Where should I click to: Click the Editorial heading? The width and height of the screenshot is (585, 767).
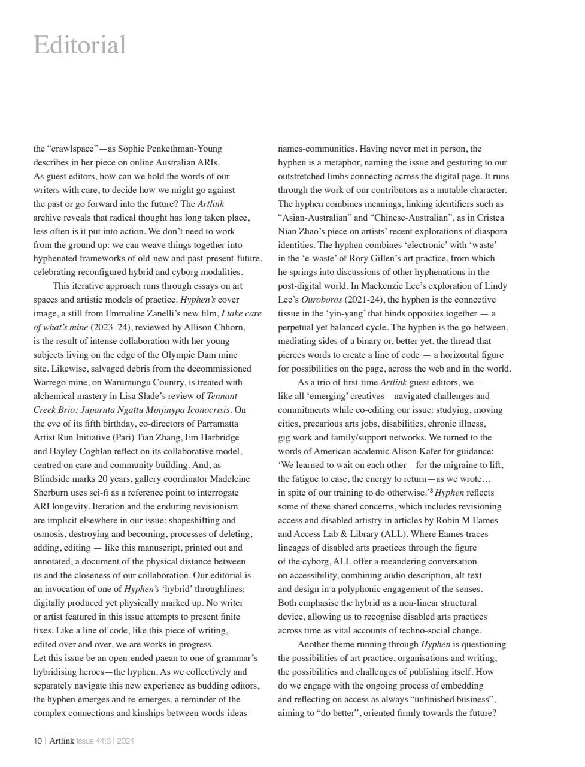80,46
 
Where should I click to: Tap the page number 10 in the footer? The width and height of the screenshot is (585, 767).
37,741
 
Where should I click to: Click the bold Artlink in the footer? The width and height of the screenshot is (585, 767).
62,741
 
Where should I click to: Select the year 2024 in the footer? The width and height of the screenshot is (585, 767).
126,741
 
